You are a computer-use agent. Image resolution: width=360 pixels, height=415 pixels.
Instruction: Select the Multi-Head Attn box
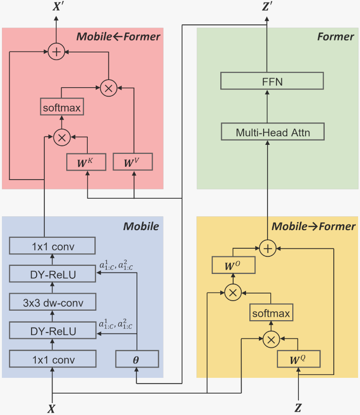[273, 132]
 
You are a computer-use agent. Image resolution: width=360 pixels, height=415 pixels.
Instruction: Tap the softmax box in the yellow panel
[271, 314]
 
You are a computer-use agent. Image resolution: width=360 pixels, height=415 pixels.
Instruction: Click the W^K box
[86, 162]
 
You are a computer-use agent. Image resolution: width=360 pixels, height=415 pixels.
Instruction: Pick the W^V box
[133, 162]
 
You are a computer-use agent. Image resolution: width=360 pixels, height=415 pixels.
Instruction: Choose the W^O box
[233, 265]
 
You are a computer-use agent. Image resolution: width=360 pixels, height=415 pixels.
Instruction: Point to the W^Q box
[298, 359]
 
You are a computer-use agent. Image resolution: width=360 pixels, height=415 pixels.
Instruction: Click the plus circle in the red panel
[57, 51]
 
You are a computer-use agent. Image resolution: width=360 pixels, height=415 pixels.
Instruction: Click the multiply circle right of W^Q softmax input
[271, 339]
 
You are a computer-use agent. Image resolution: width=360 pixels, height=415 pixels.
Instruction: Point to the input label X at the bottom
[52, 408]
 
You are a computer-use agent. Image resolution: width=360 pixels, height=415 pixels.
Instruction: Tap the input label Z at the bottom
[298, 408]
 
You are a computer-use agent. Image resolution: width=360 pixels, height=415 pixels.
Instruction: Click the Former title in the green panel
[336, 37]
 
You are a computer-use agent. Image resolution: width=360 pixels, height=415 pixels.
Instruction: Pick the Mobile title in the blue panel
[141, 226]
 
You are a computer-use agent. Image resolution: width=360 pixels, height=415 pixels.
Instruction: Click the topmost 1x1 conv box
[53, 246]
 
